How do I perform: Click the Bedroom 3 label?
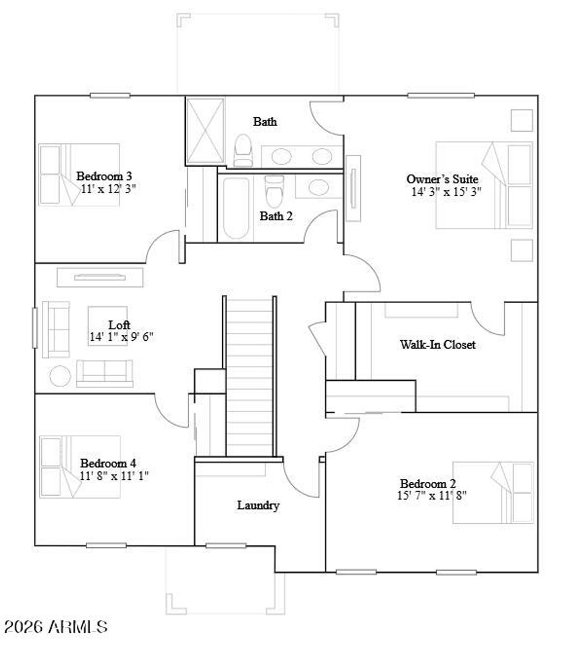(x=104, y=176)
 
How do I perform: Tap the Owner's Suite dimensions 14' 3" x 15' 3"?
(x=447, y=191)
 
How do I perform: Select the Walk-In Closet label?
(x=437, y=345)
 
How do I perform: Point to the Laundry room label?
(x=258, y=505)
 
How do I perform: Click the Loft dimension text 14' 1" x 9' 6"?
(x=121, y=336)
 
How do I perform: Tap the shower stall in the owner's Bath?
(x=205, y=131)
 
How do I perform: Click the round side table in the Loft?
(x=60, y=376)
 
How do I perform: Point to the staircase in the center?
(x=250, y=376)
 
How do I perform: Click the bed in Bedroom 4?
(x=80, y=466)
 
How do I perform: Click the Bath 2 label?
(x=276, y=216)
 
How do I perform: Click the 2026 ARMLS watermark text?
(x=56, y=627)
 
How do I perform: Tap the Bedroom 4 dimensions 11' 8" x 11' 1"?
(x=114, y=475)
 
